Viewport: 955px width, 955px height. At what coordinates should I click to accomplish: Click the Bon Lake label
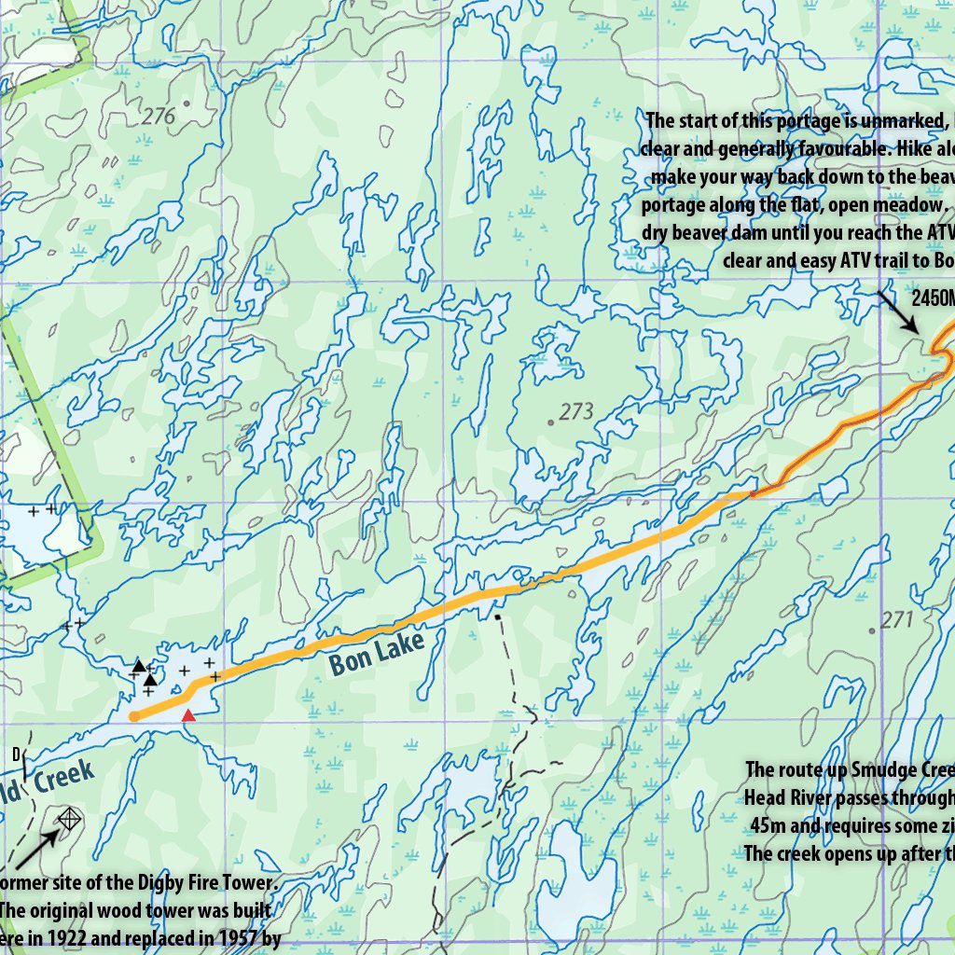377,653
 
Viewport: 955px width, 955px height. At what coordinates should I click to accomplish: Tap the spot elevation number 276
159,117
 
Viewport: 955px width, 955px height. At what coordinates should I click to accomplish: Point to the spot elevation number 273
577,411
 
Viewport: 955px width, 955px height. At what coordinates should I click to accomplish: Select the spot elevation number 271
896,618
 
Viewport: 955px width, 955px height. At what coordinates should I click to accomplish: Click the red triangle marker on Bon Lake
188,715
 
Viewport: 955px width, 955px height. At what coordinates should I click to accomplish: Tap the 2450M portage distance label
933,298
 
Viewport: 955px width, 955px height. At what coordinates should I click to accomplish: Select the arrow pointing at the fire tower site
35,846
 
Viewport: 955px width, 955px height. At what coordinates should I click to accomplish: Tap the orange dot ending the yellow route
134,716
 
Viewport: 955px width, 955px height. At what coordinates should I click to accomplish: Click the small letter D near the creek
16,753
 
